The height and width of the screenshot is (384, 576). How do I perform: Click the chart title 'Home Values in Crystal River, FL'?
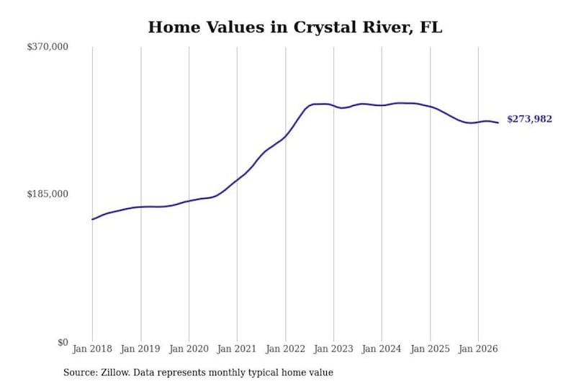coord(295,27)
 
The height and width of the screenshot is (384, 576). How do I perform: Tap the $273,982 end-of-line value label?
coord(529,119)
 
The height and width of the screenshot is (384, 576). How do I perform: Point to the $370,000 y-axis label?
coord(48,47)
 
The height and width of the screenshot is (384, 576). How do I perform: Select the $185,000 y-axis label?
coord(48,194)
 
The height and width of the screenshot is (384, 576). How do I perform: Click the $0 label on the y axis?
coord(63,342)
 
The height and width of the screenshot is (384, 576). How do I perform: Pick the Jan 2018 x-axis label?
coord(92,349)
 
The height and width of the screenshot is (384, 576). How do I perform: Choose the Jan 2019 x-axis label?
coord(140,349)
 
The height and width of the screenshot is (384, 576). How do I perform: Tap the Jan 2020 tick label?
coord(189,349)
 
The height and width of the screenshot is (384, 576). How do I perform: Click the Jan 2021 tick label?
coord(237,349)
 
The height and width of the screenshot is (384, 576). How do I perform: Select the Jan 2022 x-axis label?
coord(285,349)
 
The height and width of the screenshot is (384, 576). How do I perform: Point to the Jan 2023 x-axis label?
coord(333,349)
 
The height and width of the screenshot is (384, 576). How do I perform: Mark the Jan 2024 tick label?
coord(382,349)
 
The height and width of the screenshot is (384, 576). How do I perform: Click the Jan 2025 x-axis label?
coord(430,349)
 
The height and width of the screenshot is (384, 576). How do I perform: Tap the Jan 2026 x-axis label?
coord(478,349)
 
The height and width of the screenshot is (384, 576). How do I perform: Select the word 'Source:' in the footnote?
coord(81,372)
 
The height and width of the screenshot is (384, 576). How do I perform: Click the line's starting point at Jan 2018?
coord(92,219)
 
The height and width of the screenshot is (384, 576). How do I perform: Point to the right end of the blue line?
coord(498,122)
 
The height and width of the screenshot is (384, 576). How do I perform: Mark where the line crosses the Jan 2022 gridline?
coord(285,137)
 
